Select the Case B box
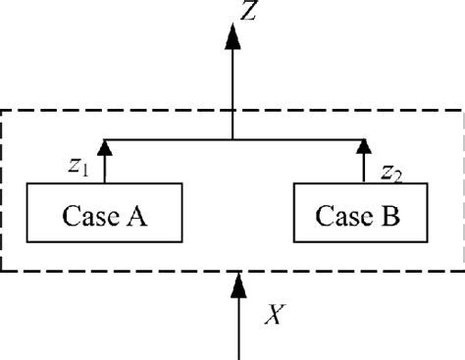pyautogui.click(x=362, y=213)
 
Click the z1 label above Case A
pyautogui.click(x=78, y=168)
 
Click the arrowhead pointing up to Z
pyautogui.click(x=232, y=37)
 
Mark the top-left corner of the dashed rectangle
pyautogui.click(x=4, y=109)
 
